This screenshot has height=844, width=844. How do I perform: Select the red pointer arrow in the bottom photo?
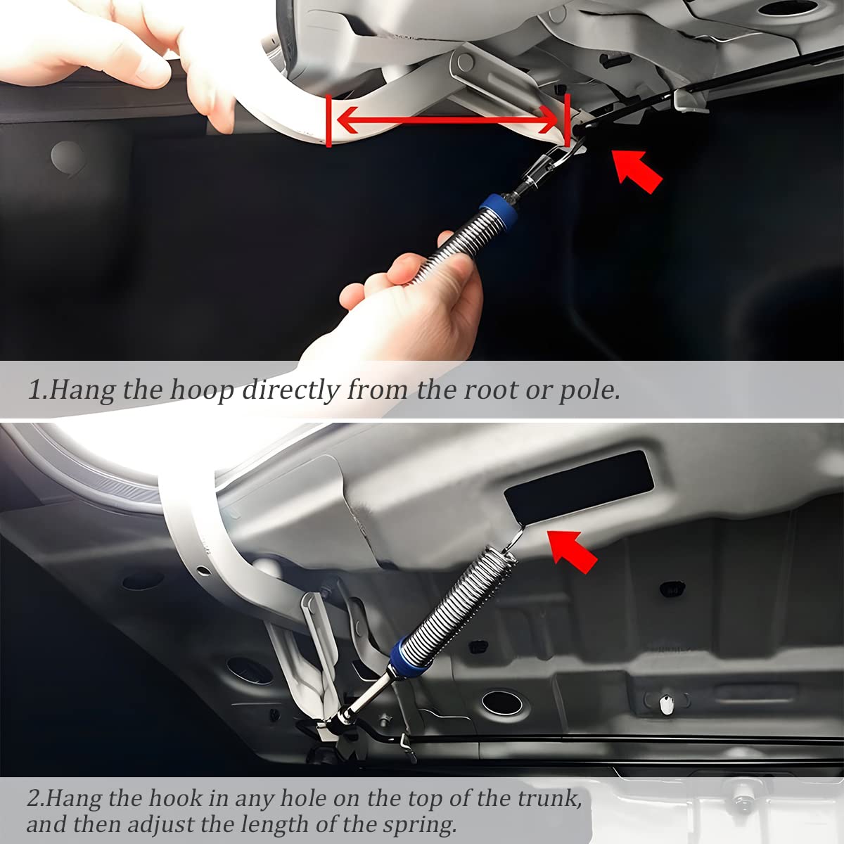tap(573, 551)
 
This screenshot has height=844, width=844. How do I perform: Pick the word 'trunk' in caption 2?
tap(548, 798)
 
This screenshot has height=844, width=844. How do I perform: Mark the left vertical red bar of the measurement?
tap(328, 122)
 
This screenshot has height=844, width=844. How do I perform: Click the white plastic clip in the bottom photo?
tap(665, 703)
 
